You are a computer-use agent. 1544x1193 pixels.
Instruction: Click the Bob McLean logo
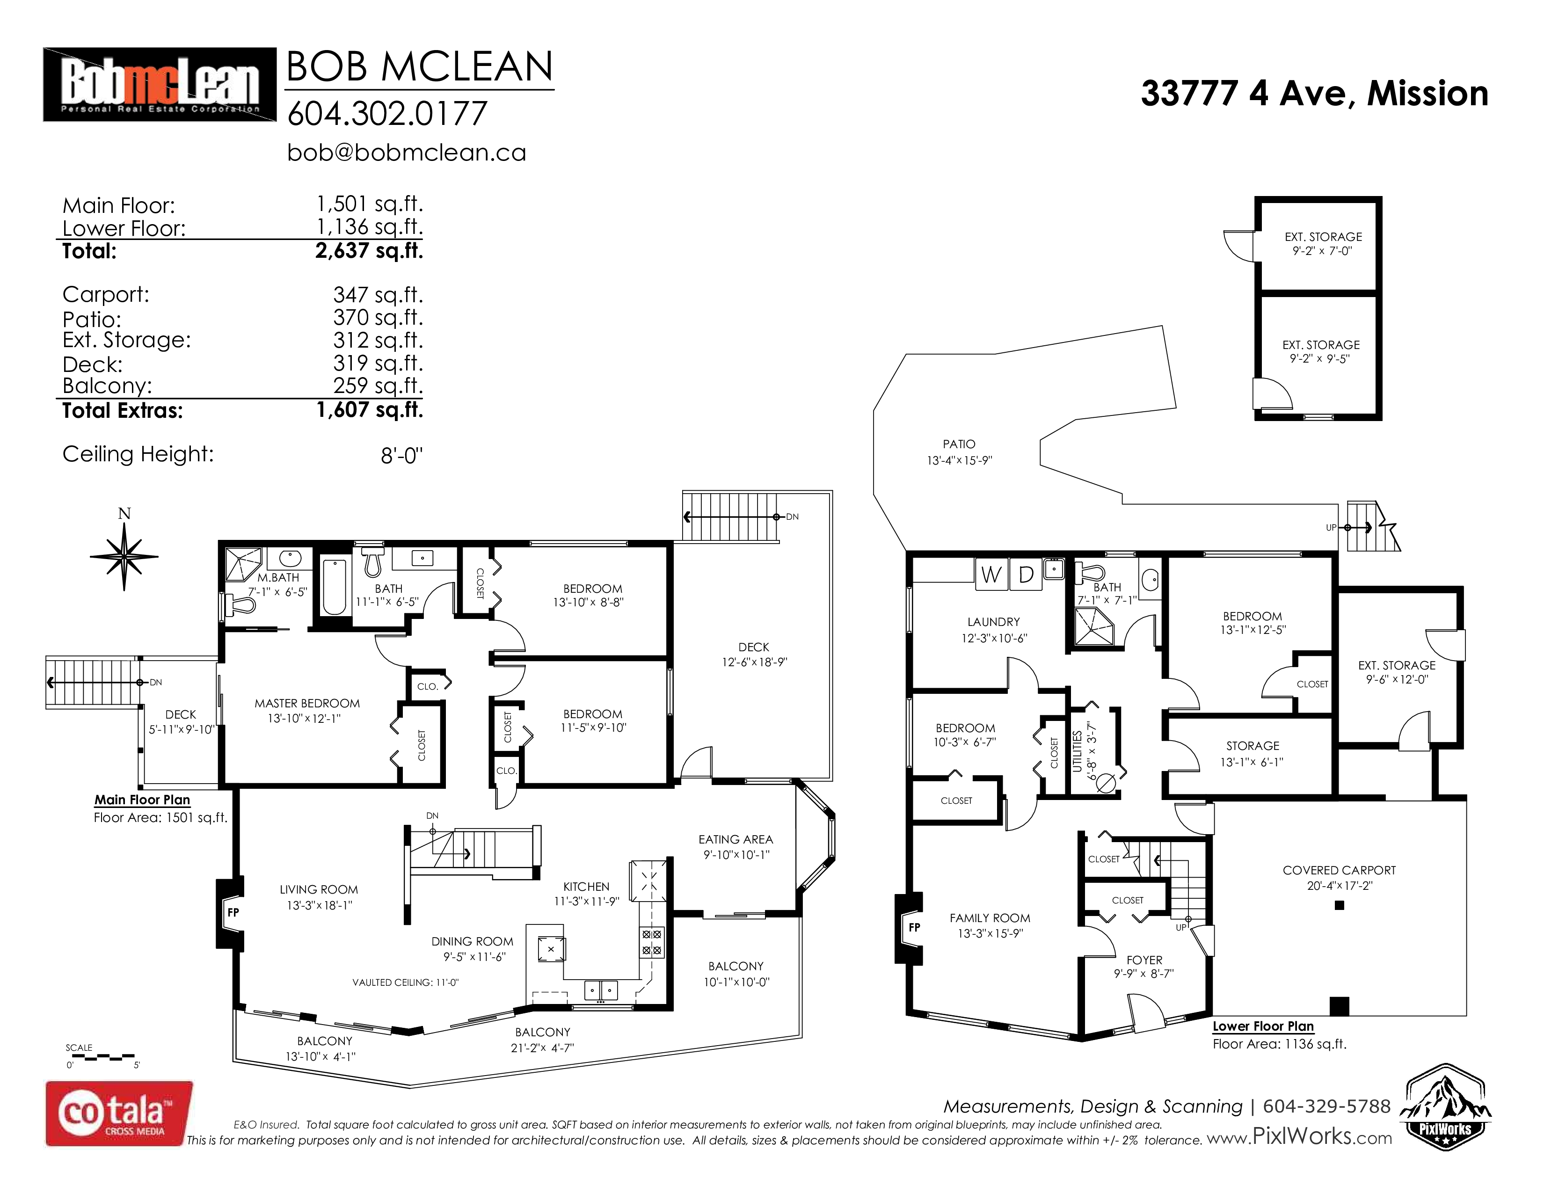coord(160,85)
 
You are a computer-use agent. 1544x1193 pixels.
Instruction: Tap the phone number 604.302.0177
coord(387,114)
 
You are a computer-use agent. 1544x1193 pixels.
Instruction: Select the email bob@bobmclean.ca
coord(407,153)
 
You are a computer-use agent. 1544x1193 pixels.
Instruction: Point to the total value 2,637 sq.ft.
coord(369,251)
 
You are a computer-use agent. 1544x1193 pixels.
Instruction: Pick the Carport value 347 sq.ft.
coord(378,295)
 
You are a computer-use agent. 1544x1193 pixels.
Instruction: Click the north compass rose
coord(124,551)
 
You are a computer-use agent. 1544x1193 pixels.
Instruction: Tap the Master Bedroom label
coord(307,703)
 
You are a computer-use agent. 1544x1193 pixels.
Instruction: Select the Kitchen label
coord(586,886)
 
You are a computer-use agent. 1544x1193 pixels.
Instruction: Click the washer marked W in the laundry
coord(991,575)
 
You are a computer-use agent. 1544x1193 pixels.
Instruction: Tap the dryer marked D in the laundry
coord(1025,575)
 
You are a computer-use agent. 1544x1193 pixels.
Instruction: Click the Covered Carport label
coord(1339,870)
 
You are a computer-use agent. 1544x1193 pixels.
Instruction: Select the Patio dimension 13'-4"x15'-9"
coord(959,460)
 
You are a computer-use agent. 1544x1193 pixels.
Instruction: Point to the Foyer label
coord(1144,960)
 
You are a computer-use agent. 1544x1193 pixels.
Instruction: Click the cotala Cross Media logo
coord(119,1114)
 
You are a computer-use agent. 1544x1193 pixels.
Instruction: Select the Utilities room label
coord(1077,751)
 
